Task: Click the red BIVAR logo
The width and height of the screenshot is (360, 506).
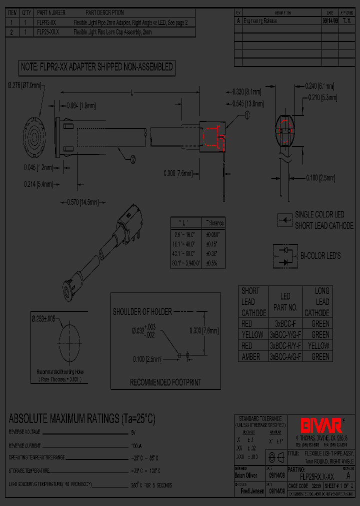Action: pos(321,425)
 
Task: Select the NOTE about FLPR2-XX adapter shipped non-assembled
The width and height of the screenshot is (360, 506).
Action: pos(96,66)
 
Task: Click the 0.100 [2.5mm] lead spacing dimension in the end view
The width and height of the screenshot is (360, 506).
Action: pos(320,177)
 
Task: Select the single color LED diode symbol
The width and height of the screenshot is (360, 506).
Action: pos(285,219)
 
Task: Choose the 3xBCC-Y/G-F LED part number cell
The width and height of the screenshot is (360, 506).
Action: pos(285,334)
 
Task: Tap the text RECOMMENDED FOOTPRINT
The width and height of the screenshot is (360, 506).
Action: pos(165,382)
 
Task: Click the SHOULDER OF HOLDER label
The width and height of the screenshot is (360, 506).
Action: pos(142,311)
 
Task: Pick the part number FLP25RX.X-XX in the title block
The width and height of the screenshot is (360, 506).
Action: pos(315,477)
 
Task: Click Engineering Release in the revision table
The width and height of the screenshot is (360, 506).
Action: pos(260,21)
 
